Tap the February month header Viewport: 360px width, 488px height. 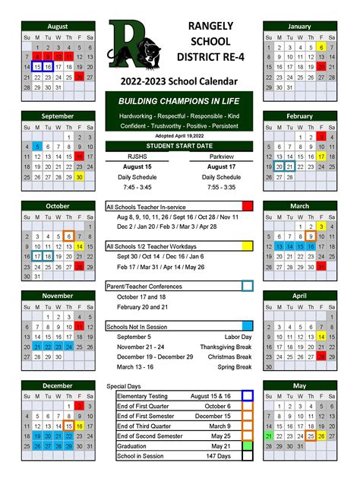tap(299, 116)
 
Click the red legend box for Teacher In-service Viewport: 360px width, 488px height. tap(247, 206)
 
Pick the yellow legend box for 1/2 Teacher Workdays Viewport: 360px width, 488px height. tap(247, 246)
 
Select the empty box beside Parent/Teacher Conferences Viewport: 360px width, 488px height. tap(247, 287)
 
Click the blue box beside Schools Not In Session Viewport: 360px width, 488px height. tap(247, 326)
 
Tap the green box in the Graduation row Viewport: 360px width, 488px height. tap(247, 446)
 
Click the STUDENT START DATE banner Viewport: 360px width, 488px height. tap(179, 145)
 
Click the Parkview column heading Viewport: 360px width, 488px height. tap(221, 156)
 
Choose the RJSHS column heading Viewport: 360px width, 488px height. tap(137, 156)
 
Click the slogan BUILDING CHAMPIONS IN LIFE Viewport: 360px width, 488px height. tap(179, 101)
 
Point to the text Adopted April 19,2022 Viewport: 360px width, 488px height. tap(179, 135)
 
